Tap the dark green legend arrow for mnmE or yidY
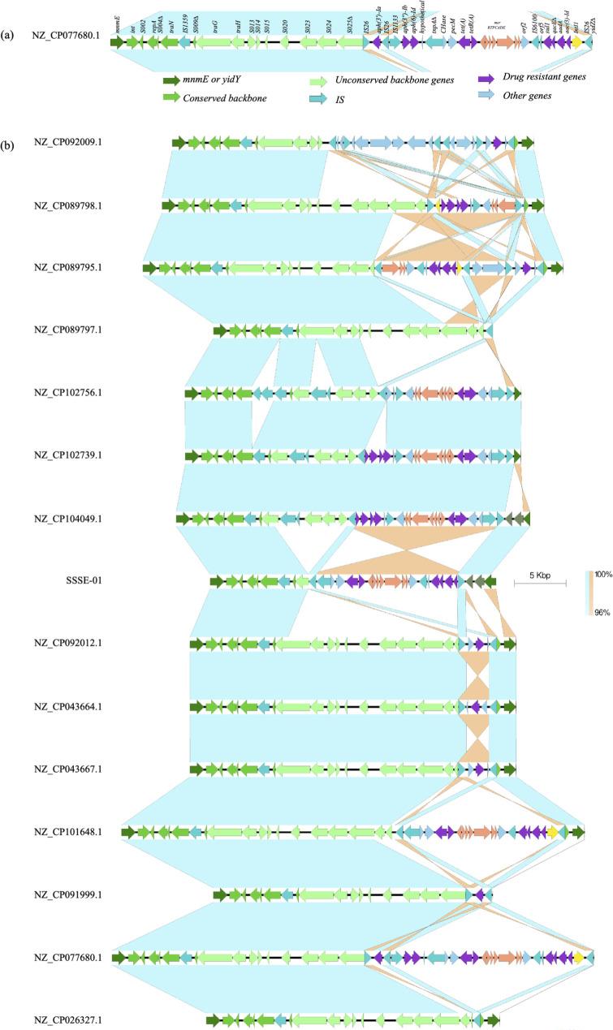point(171,80)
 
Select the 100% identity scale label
point(602,574)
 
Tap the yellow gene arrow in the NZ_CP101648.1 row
point(552,832)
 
